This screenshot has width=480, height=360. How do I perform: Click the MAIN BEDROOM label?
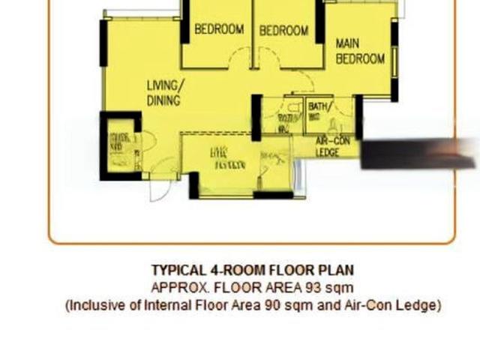tap(360, 51)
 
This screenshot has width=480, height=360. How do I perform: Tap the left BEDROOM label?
tap(219, 30)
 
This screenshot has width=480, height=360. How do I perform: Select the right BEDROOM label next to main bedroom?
tap(283, 31)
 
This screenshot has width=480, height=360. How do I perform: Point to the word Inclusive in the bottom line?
tap(94, 305)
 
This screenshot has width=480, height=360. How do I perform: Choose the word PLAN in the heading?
tap(337, 270)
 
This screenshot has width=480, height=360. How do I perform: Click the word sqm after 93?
tap(340, 287)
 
